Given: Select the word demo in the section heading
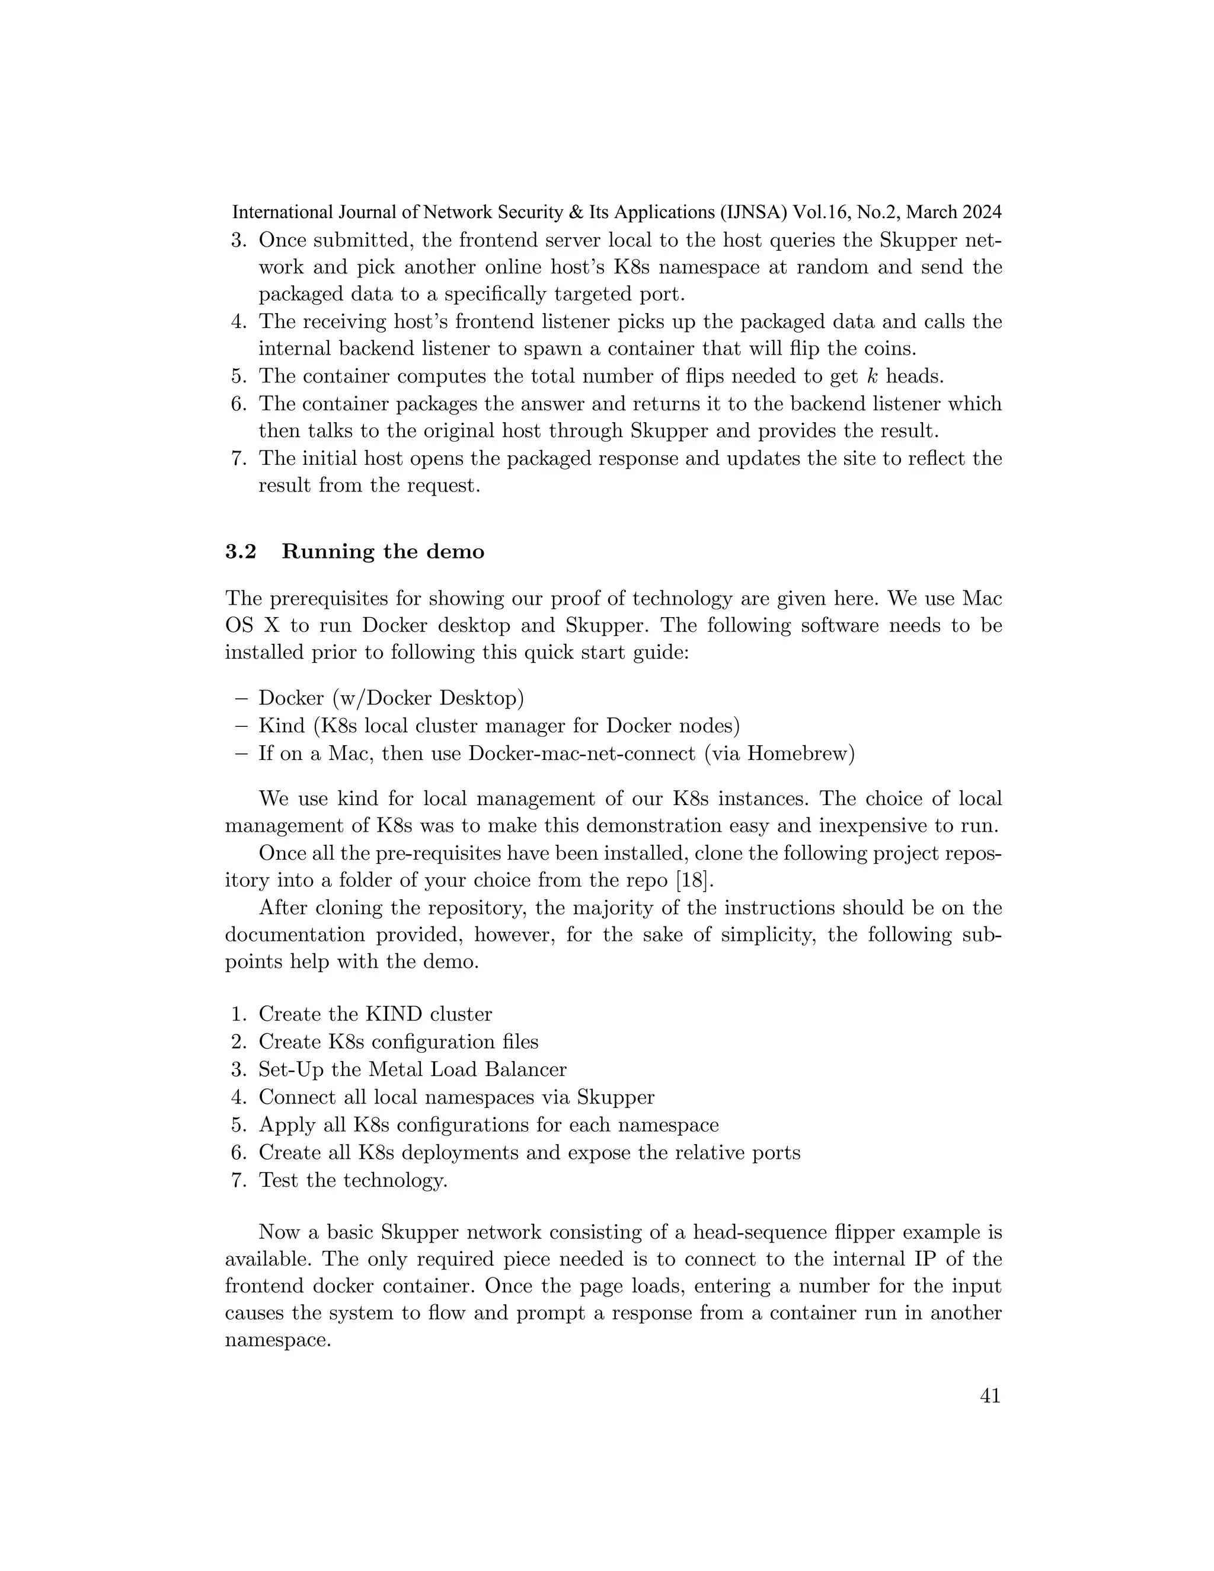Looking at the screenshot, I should click(x=454, y=552).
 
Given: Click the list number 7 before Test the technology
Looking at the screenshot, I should click(x=239, y=1180).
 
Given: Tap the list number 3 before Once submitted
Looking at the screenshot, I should click(x=238, y=240).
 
